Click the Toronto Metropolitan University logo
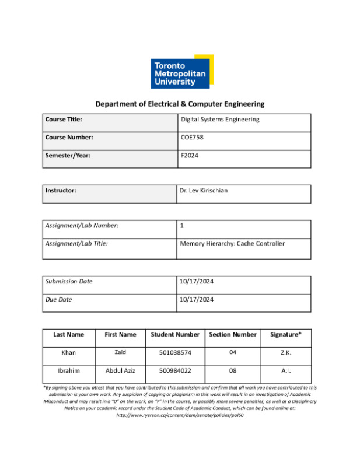[181, 72]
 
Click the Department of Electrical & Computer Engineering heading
[180, 104]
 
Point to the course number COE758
[192, 138]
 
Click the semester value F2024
[190, 156]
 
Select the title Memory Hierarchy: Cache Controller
[232, 244]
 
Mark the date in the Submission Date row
[197, 282]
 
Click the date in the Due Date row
[197, 300]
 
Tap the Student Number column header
[175, 335]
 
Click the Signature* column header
[286, 335]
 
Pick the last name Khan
[68, 353]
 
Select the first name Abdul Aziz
[120, 371]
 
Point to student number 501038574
[175, 353]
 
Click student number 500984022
[175, 371]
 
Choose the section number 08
[232, 371]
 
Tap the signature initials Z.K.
[286, 353]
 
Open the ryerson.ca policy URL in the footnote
[180, 415]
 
